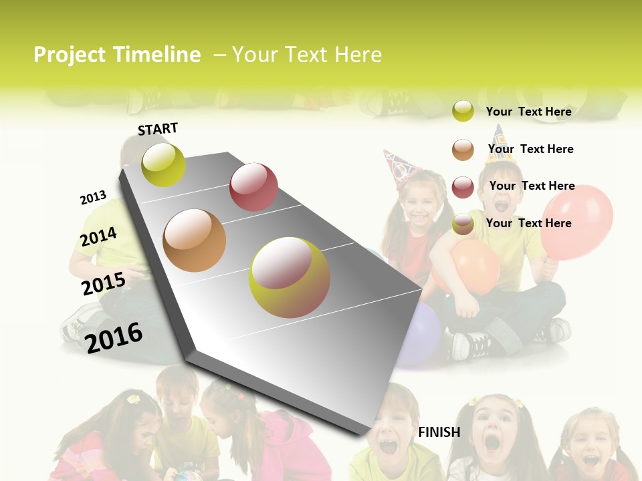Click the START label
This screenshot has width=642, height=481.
(x=158, y=129)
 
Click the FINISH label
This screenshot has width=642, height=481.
(x=439, y=432)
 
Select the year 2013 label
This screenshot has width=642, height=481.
(x=93, y=198)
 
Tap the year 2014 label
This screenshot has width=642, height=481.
(x=98, y=236)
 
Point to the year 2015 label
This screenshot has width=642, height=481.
(x=104, y=284)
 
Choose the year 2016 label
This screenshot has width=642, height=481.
(x=114, y=337)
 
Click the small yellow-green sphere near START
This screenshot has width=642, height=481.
(x=164, y=165)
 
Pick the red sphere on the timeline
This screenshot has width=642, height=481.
(x=253, y=187)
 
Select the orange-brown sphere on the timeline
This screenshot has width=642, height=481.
(x=195, y=240)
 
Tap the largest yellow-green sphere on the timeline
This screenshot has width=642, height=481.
(x=290, y=277)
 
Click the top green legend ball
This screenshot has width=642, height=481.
(x=463, y=111)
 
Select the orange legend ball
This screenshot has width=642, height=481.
(x=463, y=150)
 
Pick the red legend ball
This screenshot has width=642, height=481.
(x=463, y=187)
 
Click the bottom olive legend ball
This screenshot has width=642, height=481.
(x=463, y=224)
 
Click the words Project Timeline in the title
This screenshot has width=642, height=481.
(x=117, y=55)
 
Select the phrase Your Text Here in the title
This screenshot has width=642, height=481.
(x=307, y=55)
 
